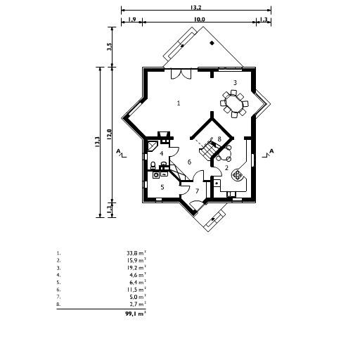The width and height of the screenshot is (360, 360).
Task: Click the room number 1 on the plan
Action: pyautogui.click(x=179, y=103)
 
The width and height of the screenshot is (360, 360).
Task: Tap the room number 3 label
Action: pyautogui.click(x=235, y=82)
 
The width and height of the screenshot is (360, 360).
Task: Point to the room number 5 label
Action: pyautogui.click(x=162, y=186)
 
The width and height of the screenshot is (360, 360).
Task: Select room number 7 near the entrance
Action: pyautogui.click(x=198, y=191)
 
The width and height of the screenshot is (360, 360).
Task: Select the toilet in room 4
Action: pyautogui.click(x=153, y=165)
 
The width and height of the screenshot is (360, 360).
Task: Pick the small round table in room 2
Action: pyautogui.click(x=224, y=157)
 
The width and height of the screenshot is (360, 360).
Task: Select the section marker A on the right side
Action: pyautogui.click(x=271, y=151)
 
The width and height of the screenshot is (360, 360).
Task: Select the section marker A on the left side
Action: pyautogui.click(x=120, y=151)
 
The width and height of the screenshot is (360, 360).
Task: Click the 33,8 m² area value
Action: pyautogui.click(x=136, y=251)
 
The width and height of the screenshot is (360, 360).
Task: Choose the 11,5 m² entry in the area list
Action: pyautogui.click(x=136, y=289)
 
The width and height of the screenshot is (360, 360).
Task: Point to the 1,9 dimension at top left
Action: pyautogui.click(x=131, y=20)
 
